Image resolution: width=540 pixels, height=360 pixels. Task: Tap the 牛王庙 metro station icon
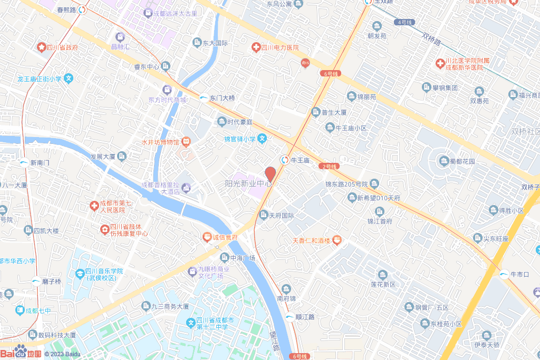click(x=285, y=160)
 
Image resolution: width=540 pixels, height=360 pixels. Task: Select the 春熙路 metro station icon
click(x=82, y=9)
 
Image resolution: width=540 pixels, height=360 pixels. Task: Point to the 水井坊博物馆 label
click(x=160, y=142)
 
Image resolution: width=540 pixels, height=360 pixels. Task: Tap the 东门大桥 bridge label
click(x=222, y=98)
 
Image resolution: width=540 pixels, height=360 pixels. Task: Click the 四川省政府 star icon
click(x=41, y=47)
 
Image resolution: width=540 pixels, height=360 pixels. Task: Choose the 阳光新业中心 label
click(x=248, y=183)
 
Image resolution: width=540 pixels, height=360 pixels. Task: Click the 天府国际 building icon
click(x=264, y=215)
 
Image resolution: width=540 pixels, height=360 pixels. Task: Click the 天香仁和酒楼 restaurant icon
click(x=337, y=240)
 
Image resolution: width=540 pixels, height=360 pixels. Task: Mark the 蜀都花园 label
click(x=462, y=161)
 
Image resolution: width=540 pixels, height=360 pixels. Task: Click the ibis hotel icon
click(x=305, y=63)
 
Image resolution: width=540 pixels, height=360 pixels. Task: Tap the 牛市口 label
click(x=519, y=274)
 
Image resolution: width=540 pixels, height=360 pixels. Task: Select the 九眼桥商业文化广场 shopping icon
click(x=193, y=271)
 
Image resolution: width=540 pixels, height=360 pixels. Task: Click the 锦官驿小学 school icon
click(x=262, y=139)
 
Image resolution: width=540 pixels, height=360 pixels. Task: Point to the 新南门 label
click(x=40, y=162)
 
